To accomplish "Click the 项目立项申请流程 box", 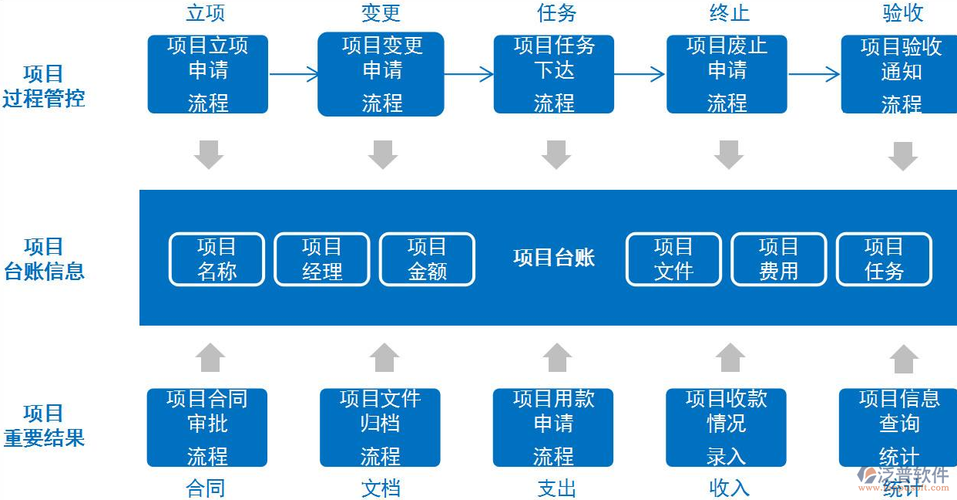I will tap(208, 74).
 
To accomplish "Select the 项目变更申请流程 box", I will tap(381, 74).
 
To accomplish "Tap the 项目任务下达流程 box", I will tap(554, 74).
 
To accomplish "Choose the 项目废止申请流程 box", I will tap(727, 74).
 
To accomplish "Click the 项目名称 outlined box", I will tap(217, 259).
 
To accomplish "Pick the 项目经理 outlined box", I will tap(322, 259).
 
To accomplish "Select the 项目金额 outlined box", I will tap(428, 259).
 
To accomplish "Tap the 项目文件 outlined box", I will tap(674, 259).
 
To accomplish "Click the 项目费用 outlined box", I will tap(779, 259).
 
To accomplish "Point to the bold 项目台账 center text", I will tap(554, 258).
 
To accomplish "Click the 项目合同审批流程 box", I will tap(207, 427).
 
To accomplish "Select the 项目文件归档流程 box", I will tap(381, 427).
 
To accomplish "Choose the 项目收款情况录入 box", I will tap(727, 427).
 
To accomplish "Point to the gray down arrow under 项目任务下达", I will tap(556, 154).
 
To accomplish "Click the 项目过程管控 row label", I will tap(44, 86).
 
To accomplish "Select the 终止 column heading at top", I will tap(729, 13).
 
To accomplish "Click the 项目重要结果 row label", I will tap(44, 426).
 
